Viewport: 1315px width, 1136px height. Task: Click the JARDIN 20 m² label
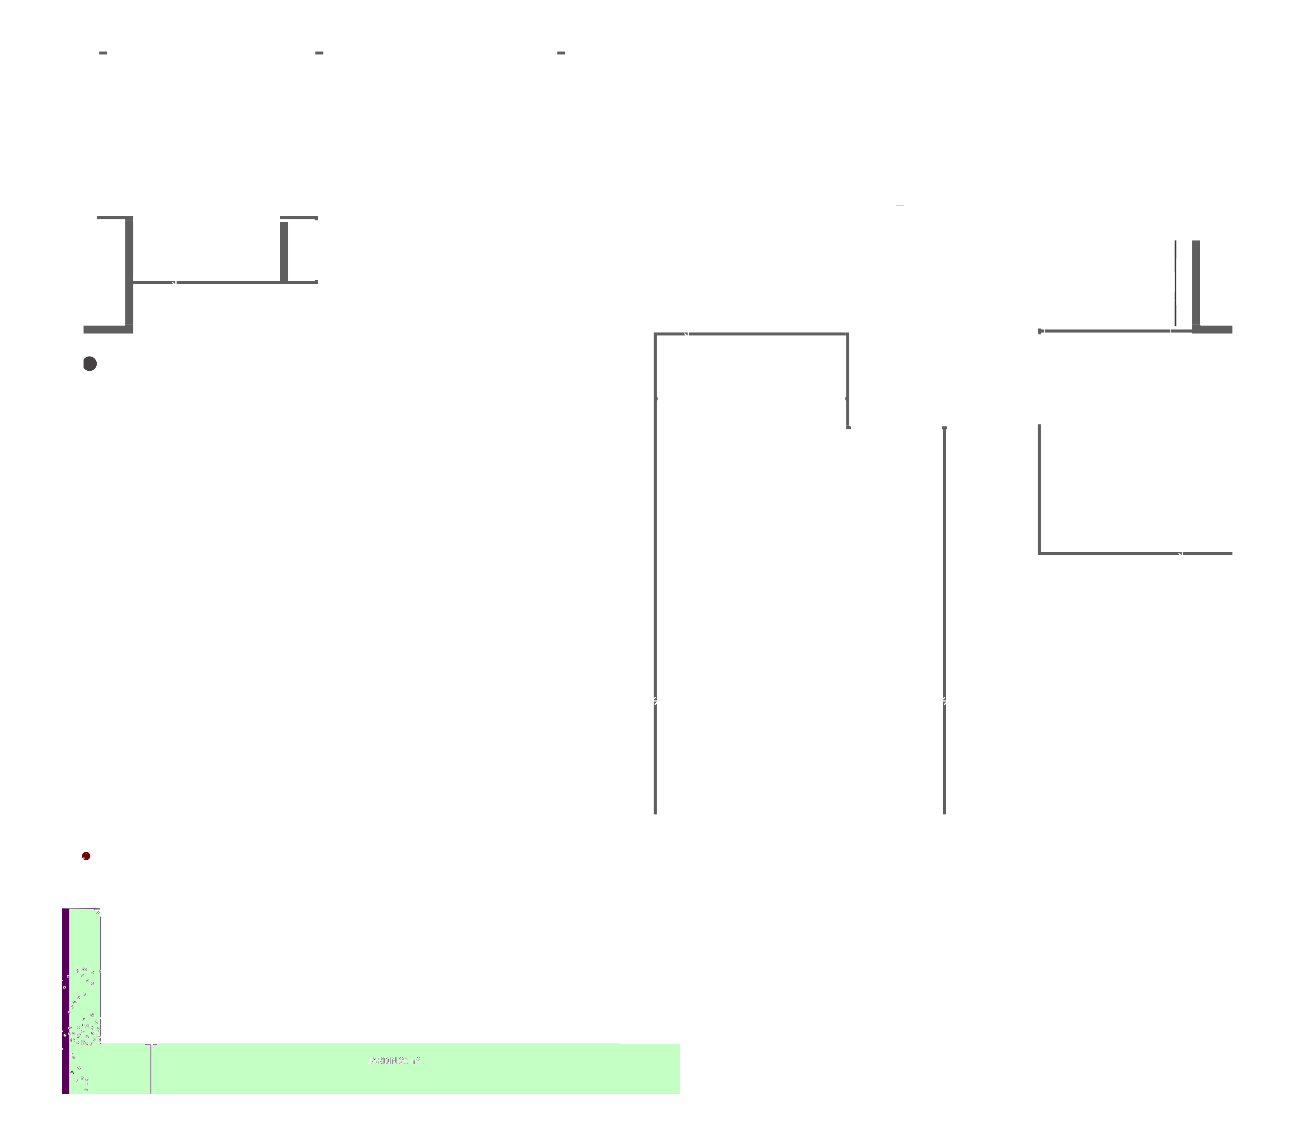pos(394,1061)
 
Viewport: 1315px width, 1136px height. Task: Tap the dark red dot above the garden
pos(86,856)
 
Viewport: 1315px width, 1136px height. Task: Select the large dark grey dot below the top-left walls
pos(90,364)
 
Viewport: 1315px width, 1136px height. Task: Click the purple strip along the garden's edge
pos(66,1009)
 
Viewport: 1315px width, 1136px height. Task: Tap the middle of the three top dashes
pos(319,53)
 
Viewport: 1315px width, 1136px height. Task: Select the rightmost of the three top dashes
pos(561,53)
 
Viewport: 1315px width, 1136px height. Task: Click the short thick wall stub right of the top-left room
pos(284,251)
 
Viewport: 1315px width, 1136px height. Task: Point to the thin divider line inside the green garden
pos(151,1070)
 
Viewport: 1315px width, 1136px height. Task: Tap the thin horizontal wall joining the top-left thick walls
pos(206,282)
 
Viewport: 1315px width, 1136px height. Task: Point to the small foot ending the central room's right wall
pos(848,427)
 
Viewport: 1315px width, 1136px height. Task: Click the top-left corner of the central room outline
pos(655,334)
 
